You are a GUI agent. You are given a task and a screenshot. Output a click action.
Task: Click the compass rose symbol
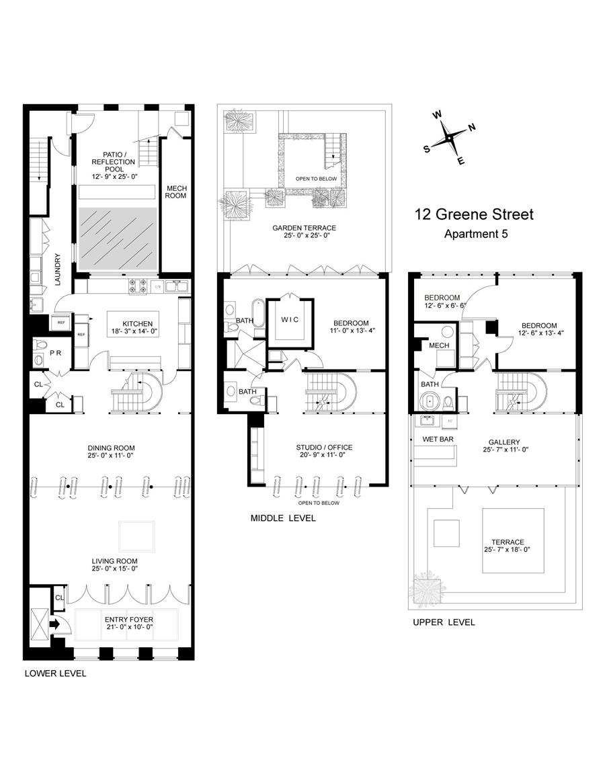[449, 137]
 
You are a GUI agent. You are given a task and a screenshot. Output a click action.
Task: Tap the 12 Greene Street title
[474, 214]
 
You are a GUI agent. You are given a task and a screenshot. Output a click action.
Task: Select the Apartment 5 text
[476, 234]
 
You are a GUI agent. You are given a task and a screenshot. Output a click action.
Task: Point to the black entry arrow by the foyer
[55, 624]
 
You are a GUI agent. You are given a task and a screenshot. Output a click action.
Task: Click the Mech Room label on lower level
[176, 192]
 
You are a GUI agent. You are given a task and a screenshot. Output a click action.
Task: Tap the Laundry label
[57, 270]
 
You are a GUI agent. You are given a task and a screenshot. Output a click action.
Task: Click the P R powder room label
[55, 353]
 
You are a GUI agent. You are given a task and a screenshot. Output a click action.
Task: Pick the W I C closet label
[290, 320]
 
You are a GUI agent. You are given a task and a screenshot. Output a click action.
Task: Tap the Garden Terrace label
[305, 228]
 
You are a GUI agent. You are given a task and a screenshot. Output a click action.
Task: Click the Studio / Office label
[324, 448]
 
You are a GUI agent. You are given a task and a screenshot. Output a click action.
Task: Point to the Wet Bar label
[438, 440]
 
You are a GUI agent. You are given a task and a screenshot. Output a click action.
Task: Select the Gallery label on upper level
[505, 442]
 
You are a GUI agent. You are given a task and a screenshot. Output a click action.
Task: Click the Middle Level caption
[283, 518]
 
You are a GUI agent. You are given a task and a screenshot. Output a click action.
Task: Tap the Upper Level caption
[444, 622]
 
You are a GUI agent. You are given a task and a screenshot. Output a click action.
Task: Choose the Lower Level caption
[55, 673]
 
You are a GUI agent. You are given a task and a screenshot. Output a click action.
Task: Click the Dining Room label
[112, 448]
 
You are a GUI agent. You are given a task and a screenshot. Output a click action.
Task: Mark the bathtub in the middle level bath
[257, 313]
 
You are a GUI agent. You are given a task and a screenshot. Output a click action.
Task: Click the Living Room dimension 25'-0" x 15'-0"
[114, 569]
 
